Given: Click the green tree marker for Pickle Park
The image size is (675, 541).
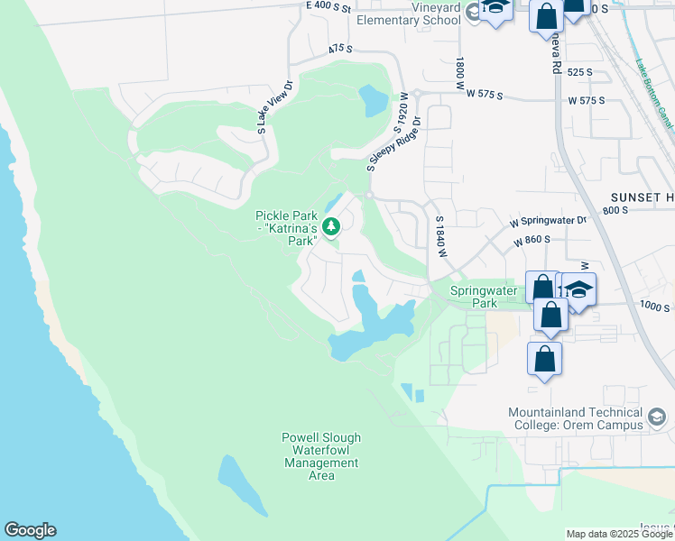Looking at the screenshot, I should (332, 227).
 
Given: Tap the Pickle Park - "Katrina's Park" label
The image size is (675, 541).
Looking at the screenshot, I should (286, 228).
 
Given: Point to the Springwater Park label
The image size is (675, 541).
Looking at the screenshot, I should (484, 297).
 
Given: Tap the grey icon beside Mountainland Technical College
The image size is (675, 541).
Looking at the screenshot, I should (657, 417).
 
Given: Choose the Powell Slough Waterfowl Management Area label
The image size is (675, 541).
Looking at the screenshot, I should (320, 451).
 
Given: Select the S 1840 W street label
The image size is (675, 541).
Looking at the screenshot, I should (441, 237).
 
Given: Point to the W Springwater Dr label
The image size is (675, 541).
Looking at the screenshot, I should (548, 220).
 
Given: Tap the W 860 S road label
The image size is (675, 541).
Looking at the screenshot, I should (532, 241).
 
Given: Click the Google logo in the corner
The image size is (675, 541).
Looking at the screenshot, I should (30, 530).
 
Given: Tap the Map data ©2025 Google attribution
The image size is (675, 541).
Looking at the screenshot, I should (619, 534).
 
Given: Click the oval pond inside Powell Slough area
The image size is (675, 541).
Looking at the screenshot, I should (239, 482).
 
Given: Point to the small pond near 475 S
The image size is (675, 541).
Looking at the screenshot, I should (372, 101).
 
